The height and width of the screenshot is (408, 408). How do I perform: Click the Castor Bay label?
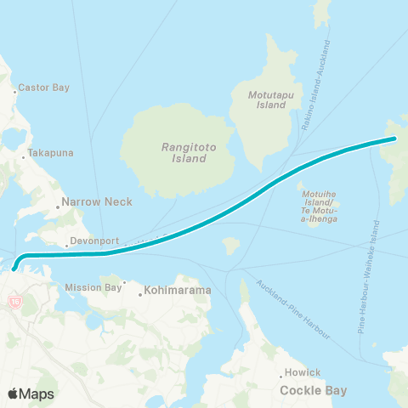(x=39, y=88)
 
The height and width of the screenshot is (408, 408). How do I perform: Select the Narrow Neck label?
(x=83, y=205)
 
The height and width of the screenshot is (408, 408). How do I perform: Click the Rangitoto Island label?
(x=184, y=152)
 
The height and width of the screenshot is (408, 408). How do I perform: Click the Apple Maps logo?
(x=31, y=394)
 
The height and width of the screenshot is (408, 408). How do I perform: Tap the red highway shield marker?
(x=14, y=301)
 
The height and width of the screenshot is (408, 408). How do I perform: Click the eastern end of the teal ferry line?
(x=395, y=138)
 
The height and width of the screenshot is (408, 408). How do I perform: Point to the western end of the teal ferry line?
(x=14, y=272)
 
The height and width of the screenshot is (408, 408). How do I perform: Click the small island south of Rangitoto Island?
(x=229, y=245)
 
